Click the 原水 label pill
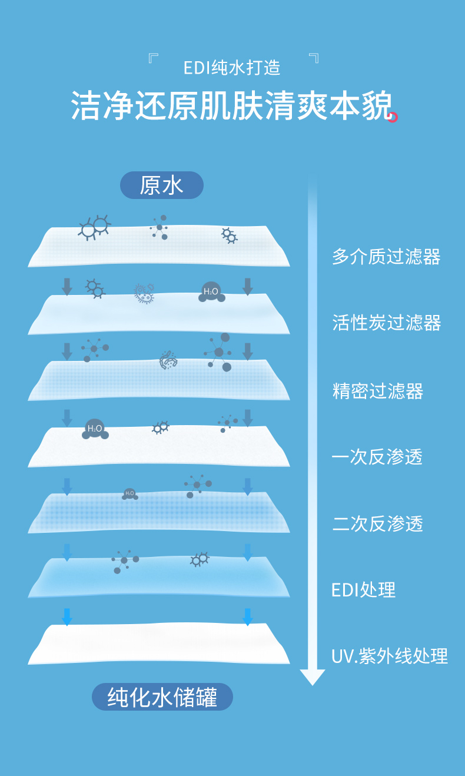161,185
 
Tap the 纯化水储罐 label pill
162,698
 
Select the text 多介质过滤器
386,257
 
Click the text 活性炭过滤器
387,323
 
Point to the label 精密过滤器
378,391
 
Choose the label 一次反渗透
378,457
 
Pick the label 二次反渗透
378,523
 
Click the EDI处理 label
363,589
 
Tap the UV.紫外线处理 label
390,656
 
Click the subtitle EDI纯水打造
232,68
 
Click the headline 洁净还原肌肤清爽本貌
231,106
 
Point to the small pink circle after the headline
393,117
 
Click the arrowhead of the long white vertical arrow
312,676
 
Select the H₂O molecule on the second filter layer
211,292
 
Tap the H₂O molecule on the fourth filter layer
95,429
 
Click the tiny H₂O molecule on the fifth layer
129,494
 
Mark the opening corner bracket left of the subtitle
154,58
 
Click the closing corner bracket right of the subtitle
314,58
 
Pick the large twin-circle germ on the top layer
94,227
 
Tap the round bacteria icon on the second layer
144,293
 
